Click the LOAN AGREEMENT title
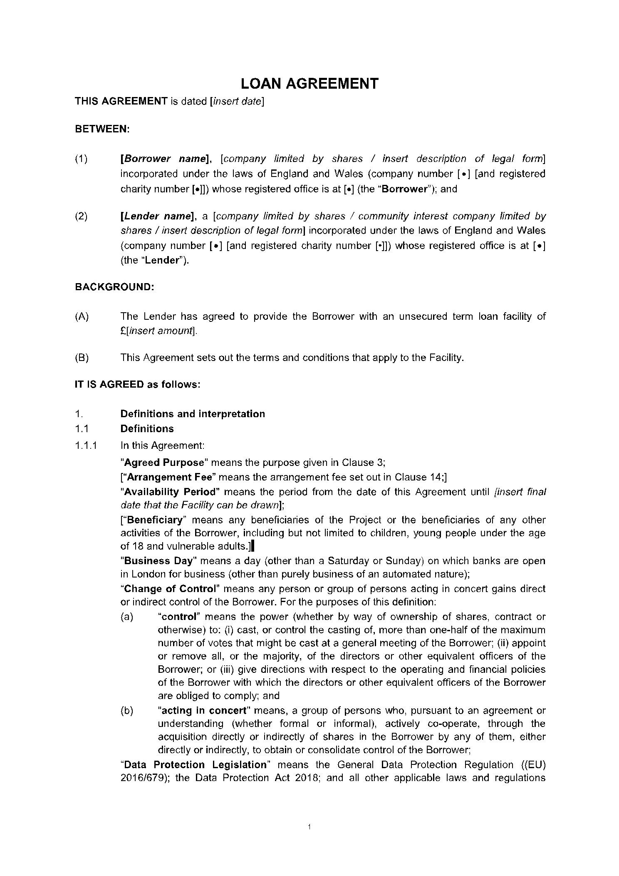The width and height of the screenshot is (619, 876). [x=309, y=84]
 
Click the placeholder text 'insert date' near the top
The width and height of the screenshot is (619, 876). [x=237, y=101]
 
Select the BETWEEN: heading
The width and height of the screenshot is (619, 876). [x=102, y=129]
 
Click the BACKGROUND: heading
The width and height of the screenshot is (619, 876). [x=114, y=287]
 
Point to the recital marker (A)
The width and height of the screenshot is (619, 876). [x=82, y=316]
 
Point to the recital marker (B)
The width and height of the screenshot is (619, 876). [x=82, y=358]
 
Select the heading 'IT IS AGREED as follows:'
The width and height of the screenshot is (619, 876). [x=138, y=384]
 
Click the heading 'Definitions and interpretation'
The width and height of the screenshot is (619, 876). [x=193, y=414]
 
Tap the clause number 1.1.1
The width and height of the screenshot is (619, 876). [x=86, y=445]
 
